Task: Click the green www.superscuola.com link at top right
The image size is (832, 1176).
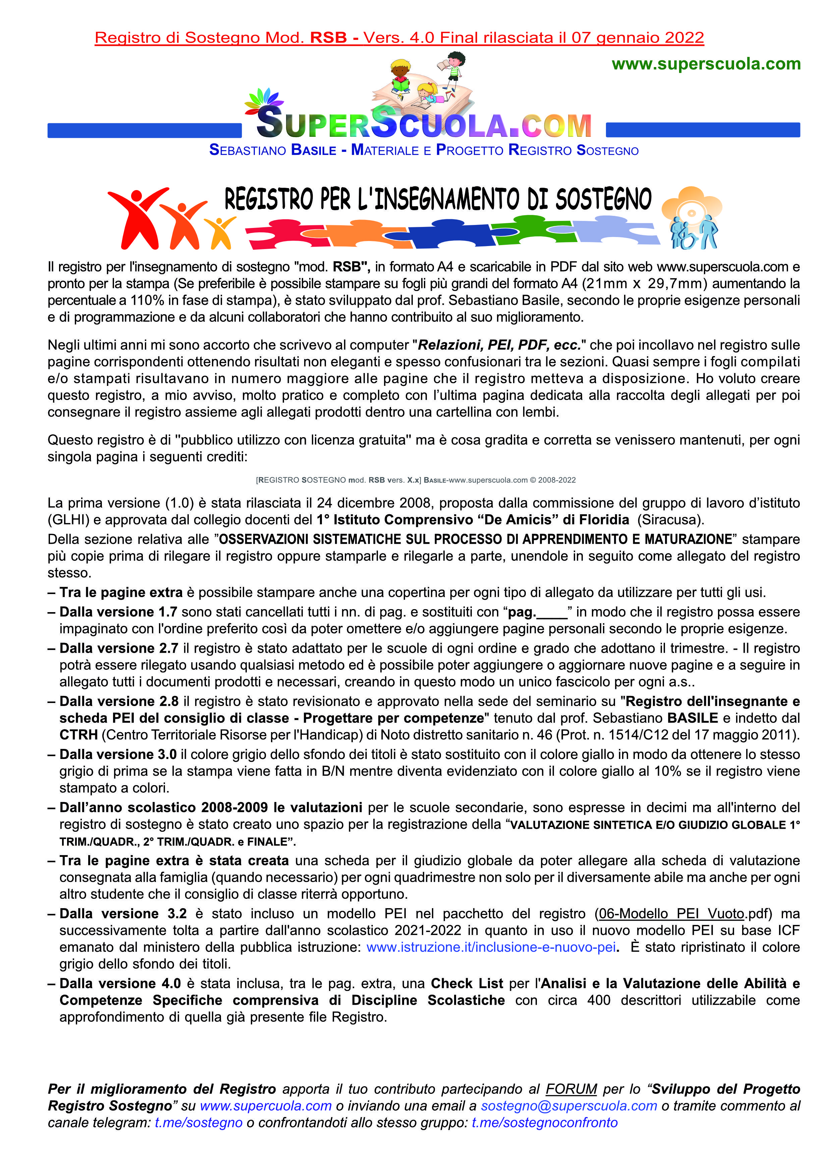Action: click(x=706, y=64)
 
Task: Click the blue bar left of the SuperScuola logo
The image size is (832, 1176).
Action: click(x=145, y=130)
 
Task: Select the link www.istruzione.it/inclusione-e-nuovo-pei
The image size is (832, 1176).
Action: click(x=491, y=947)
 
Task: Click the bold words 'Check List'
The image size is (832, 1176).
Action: click(x=467, y=984)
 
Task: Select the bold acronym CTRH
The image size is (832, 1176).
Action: click(x=78, y=734)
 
